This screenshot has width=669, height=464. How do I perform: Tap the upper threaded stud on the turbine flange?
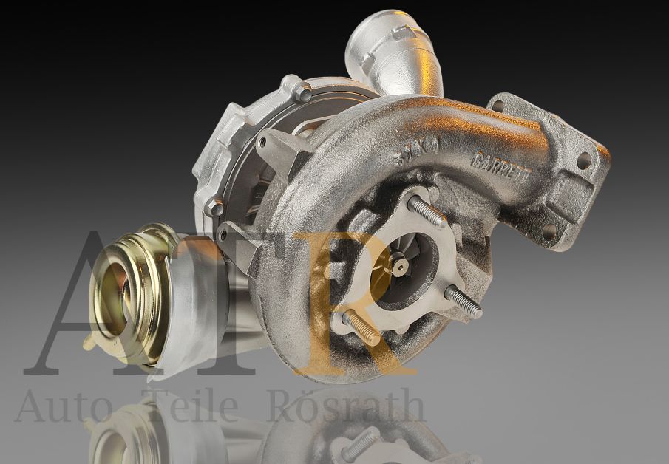pos(427,211)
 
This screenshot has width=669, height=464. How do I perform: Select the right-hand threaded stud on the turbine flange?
pos(463,301)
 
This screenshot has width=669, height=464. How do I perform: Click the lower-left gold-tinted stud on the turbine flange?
pos(360,327)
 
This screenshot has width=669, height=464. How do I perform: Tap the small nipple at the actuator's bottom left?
pos(89,342)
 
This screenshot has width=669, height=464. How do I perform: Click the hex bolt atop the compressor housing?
pos(302,92)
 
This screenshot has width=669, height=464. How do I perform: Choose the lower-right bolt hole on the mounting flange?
pos(549,232)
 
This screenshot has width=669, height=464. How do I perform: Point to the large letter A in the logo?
pos(81,303)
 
